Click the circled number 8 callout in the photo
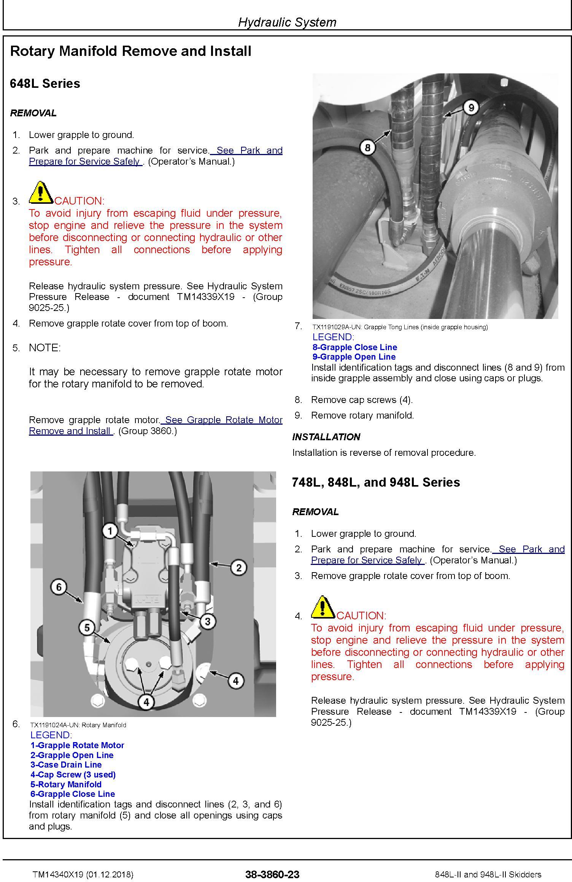pyautogui.click(x=367, y=147)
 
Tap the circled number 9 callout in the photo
pyautogui.click(x=471, y=108)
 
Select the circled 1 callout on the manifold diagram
pyautogui.click(x=110, y=531)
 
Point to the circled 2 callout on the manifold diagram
pyautogui.click(x=238, y=568)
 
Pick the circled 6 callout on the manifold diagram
pyautogui.click(x=59, y=587)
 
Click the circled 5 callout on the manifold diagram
pyautogui.click(x=87, y=627)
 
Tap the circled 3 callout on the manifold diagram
pyautogui.click(x=207, y=622)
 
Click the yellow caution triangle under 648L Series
pyautogui.click(x=41, y=192)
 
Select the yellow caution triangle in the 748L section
pyautogui.click(x=323, y=607)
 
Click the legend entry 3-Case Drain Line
pyautogui.click(x=66, y=765)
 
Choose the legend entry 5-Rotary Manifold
pyautogui.click(x=66, y=784)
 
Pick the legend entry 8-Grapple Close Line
pyautogui.click(x=354, y=347)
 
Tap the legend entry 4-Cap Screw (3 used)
pyautogui.click(x=73, y=774)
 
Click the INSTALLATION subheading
pyautogui.click(x=326, y=437)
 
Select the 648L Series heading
pyautogui.click(x=45, y=83)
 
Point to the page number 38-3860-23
pyautogui.click(x=272, y=874)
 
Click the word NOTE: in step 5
pyautogui.click(x=45, y=348)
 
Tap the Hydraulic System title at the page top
pyautogui.click(x=287, y=22)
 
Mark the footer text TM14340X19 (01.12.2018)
pyautogui.click(x=83, y=874)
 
